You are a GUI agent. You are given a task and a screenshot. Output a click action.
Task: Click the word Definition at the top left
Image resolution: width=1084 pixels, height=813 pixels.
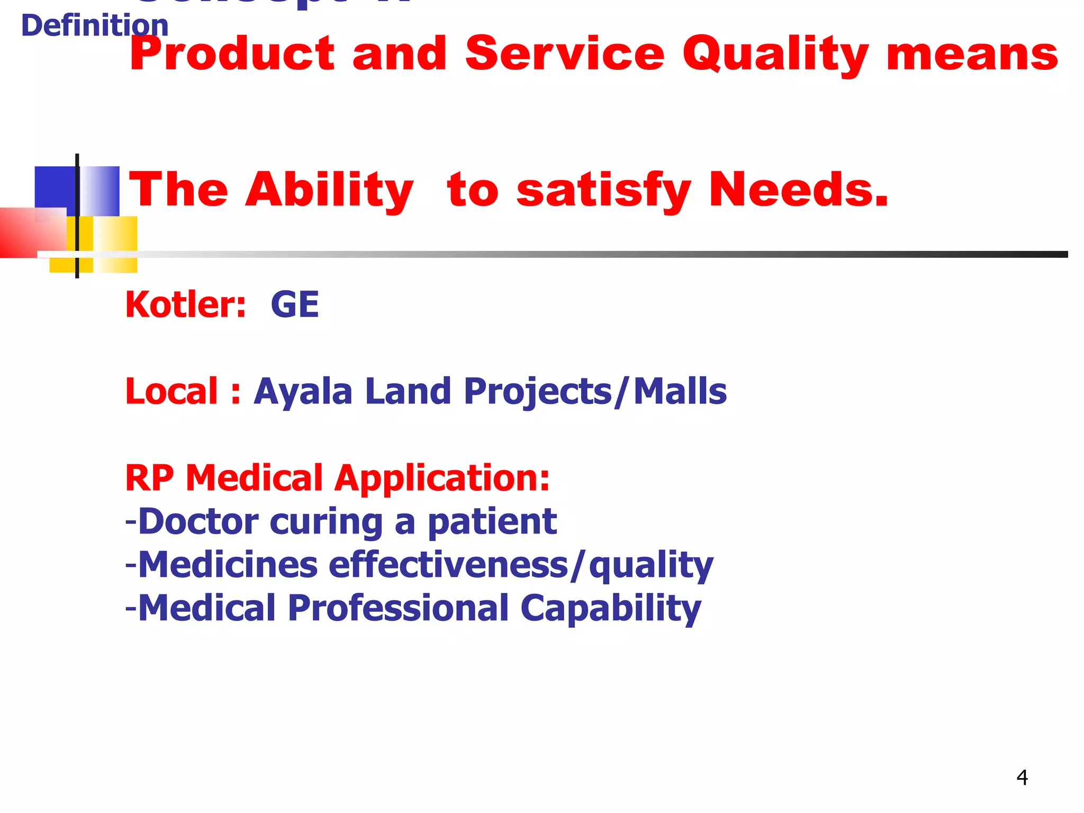(94, 26)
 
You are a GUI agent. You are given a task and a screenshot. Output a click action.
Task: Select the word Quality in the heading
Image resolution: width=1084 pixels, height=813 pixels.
(775, 55)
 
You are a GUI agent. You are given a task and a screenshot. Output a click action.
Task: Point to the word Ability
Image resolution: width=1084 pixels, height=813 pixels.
(329, 191)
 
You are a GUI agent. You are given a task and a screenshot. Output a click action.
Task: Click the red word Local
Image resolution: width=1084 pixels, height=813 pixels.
(171, 391)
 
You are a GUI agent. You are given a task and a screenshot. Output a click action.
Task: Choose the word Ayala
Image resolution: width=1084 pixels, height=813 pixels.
(303, 392)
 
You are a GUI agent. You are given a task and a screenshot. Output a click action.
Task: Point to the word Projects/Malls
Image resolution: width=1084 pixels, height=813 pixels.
(595, 392)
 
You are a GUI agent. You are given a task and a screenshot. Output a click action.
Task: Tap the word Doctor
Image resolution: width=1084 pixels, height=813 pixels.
(198, 521)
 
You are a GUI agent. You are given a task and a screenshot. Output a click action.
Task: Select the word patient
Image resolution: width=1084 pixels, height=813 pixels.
(492, 522)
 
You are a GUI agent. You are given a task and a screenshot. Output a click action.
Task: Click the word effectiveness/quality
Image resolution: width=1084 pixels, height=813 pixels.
(521, 565)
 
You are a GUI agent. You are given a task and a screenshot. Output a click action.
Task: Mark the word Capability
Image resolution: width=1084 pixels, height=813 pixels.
(611, 609)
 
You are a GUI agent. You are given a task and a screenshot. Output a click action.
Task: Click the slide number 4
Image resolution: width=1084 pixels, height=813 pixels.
(1022, 778)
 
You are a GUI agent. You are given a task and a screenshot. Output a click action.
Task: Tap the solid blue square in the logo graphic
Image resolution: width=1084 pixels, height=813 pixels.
(55, 186)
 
